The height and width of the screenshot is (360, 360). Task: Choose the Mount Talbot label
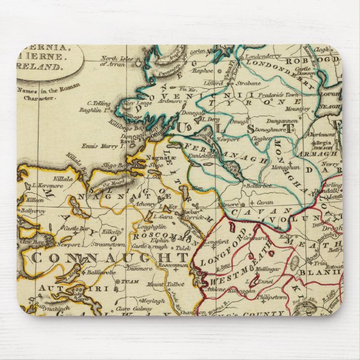coord(163,285)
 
